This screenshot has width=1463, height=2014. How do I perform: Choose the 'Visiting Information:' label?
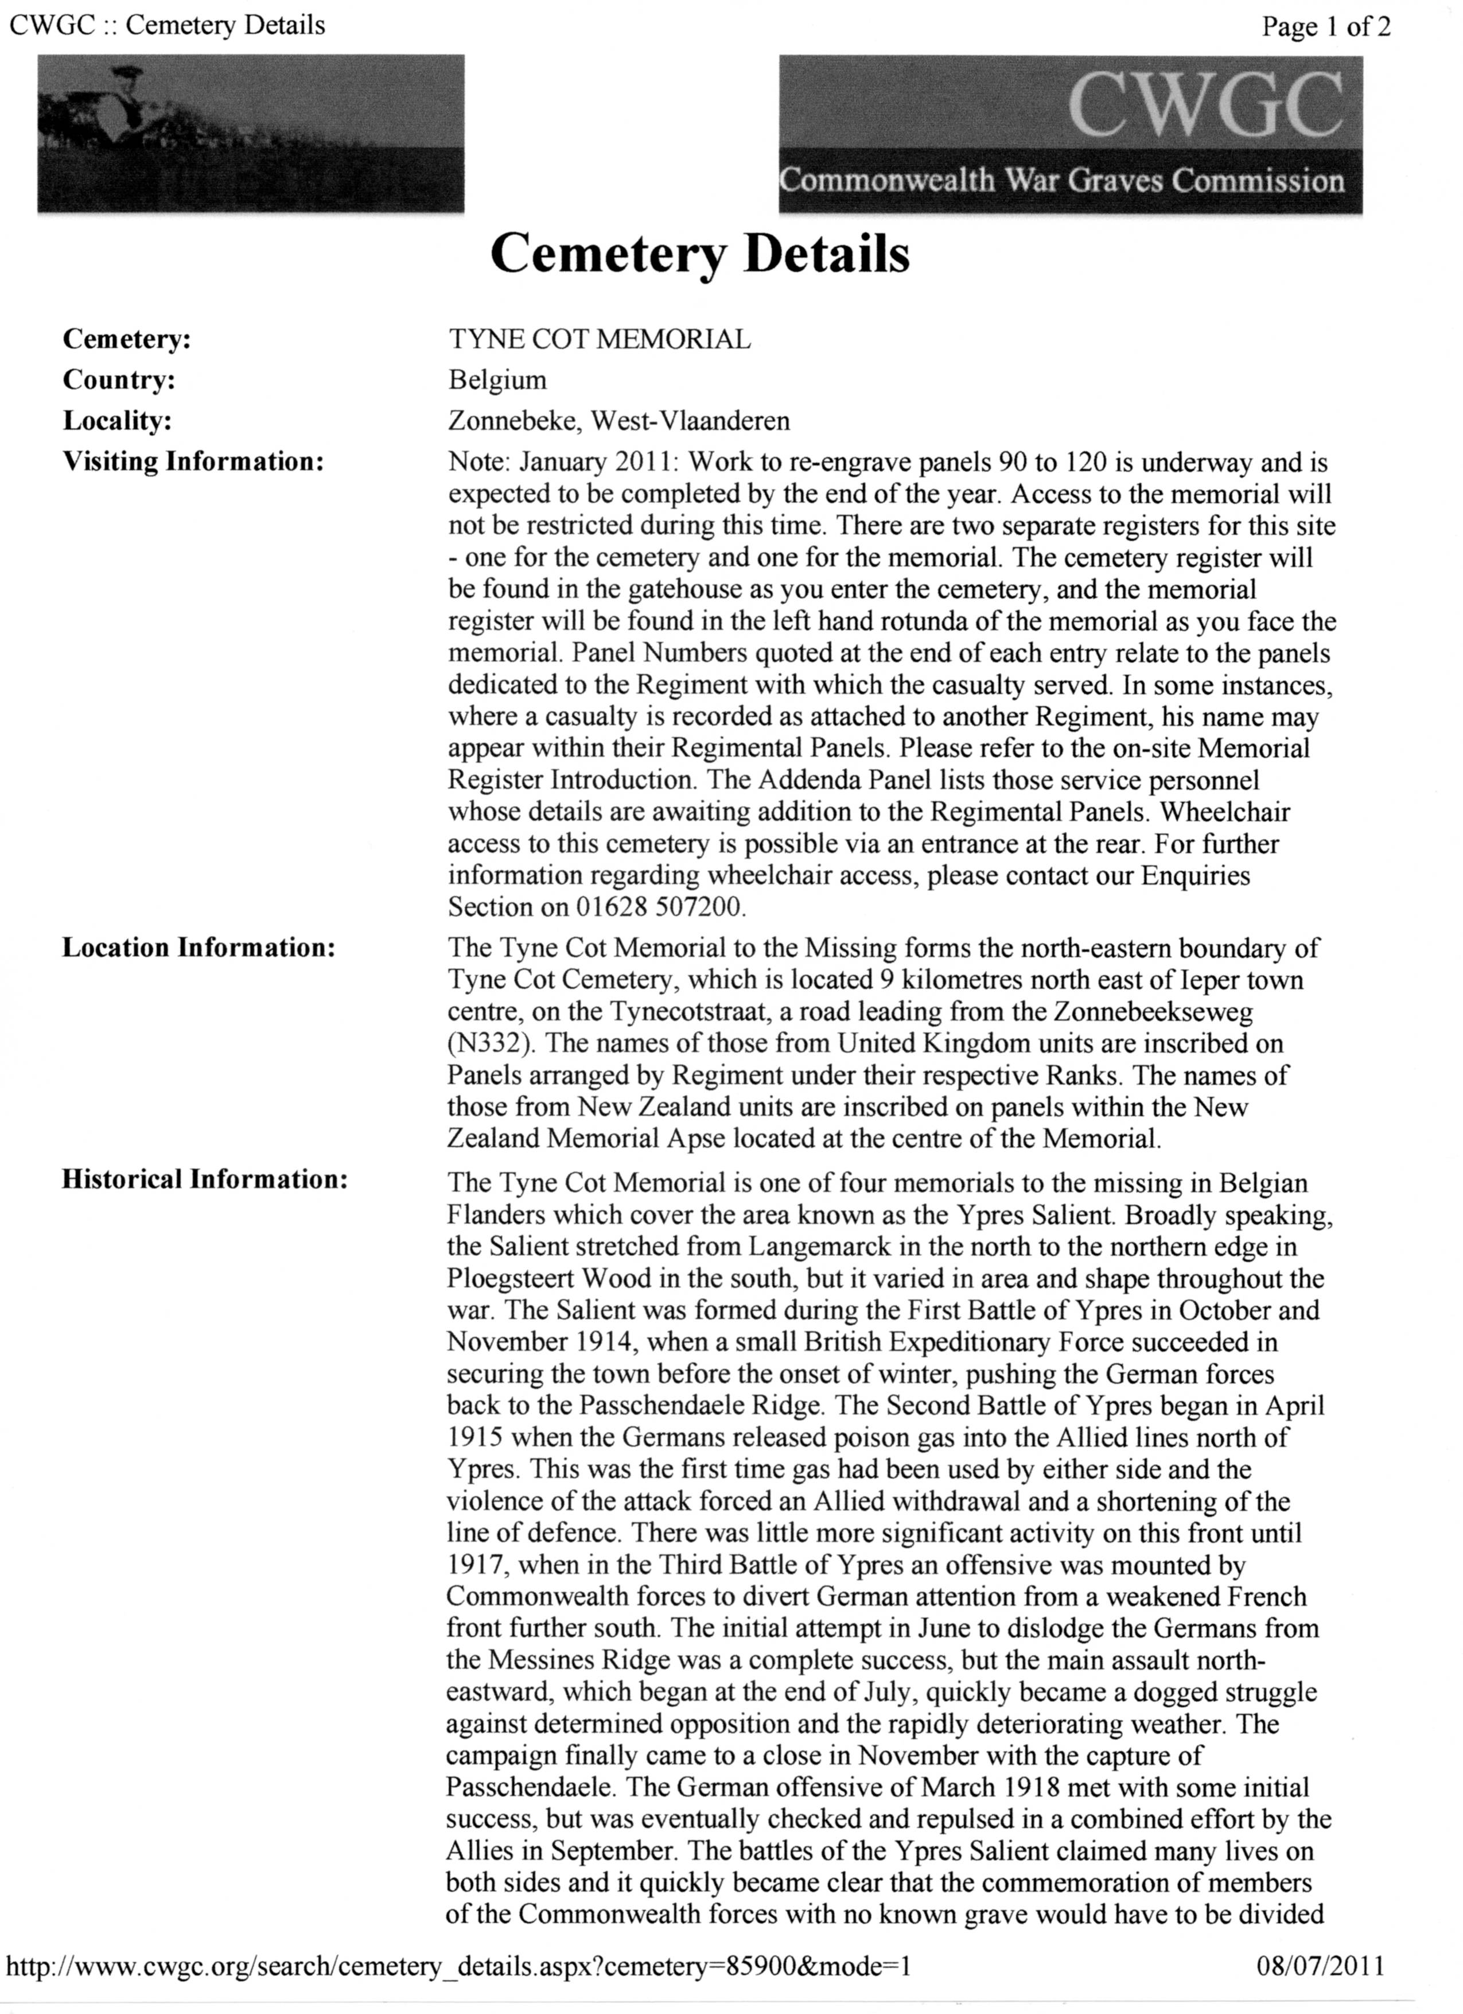(192, 462)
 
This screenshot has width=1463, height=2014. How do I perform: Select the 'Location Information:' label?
(198, 948)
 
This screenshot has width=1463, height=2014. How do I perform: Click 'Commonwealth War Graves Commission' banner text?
(1062, 181)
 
